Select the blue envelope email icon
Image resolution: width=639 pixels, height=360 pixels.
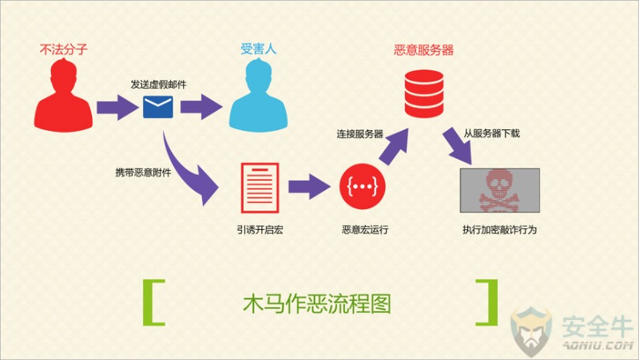pos(158,107)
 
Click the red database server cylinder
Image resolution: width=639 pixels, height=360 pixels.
pos(424,93)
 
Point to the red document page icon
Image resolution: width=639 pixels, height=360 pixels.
pos(260,188)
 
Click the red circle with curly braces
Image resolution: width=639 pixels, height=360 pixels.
pos(363,187)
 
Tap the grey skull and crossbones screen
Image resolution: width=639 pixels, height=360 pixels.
pos(500,190)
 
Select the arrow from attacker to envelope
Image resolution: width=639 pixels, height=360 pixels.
pos(117,108)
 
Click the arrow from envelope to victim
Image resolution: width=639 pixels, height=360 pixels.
pos(201,107)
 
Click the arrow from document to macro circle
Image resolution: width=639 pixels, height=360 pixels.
pos(309,187)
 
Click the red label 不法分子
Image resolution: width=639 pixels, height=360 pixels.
pos(64,49)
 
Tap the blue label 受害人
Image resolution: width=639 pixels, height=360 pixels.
pos(258,49)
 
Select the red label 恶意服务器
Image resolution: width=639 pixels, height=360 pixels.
pos(424,50)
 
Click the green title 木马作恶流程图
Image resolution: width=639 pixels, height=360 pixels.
pos(317,303)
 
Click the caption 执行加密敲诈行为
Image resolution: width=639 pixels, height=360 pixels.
pos(500,230)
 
